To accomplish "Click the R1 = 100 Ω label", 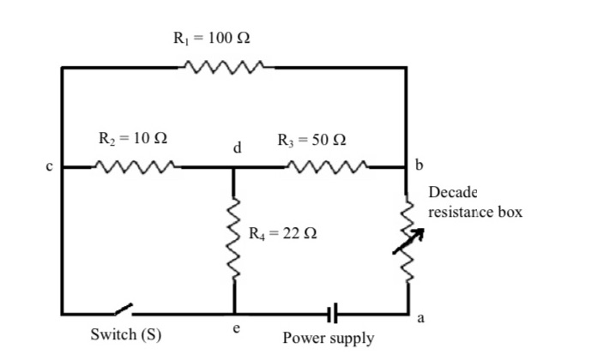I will tap(212, 39).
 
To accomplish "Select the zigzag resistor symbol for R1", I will tap(224, 67).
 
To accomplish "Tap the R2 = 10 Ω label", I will tap(133, 137).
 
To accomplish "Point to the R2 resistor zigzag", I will tap(136, 165).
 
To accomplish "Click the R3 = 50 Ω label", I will tap(312, 137).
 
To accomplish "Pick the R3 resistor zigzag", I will tap(330, 165).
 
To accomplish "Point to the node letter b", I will tap(419, 165).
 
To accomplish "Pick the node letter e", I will tap(237, 328).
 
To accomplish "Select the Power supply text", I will tap(329, 338).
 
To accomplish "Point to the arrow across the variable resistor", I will tap(408, 240).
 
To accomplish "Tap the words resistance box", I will tap(475, 211).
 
